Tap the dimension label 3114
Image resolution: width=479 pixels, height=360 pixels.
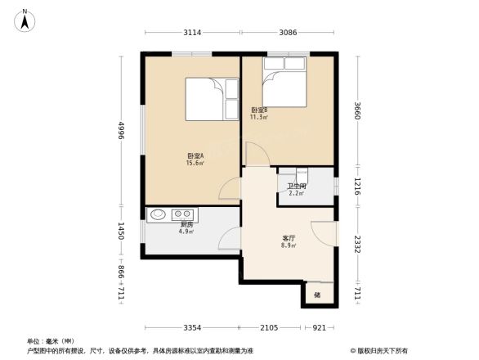click(192, 32)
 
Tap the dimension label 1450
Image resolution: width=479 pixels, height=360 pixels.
click(121, 231)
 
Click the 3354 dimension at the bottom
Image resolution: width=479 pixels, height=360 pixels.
click(191, 328)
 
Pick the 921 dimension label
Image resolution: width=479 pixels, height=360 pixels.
click(320, 328)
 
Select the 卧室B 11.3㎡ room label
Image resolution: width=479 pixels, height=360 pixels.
click(259, 113)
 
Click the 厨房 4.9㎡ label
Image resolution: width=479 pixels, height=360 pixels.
click(186, 227)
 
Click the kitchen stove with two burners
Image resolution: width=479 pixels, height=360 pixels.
click(181, 215)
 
